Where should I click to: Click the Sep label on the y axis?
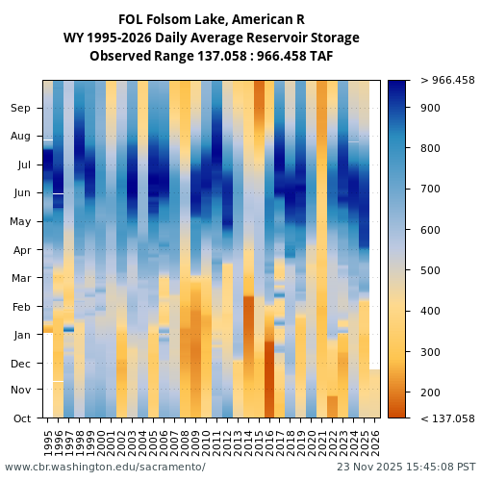[x=20, y=109]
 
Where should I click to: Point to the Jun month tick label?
[x=20, y=193]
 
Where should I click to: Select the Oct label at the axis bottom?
[x=20, y=418]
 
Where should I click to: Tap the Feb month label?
[x=20, y=307]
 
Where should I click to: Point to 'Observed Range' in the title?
[x=135, y=56]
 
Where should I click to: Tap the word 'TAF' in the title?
[x=319, y=56]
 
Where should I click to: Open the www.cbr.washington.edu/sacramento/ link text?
[x=105, y=467]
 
